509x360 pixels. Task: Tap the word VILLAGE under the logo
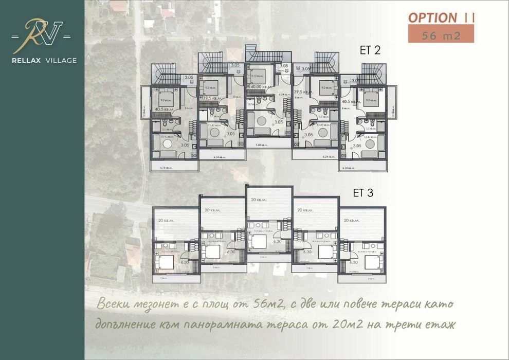coord(60,60)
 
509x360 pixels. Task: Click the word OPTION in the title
coord(432,17)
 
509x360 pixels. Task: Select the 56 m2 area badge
coord(441,35)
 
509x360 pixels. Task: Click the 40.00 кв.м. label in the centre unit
coord(260,86)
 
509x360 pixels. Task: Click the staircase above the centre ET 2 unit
coord(252,53)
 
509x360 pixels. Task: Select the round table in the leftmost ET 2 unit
coord(168,146)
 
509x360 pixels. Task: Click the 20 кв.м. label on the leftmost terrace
coord(165,220)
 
